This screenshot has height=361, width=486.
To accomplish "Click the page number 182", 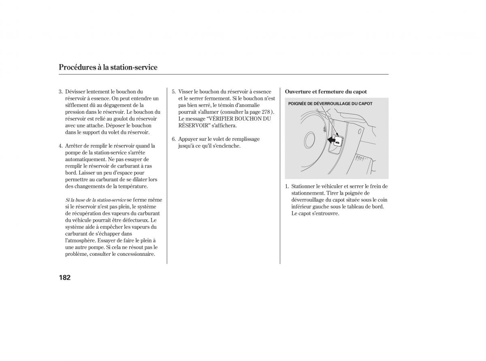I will click(65, 277).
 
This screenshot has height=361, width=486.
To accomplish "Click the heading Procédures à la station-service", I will click(108, 67).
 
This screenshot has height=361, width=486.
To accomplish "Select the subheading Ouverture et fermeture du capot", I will click(326, 92).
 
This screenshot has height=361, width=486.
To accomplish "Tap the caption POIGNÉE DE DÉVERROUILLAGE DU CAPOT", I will click(330, 104).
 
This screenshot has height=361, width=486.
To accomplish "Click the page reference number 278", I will click(266, 112).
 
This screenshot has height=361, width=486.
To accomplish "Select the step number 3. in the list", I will click(60, 92).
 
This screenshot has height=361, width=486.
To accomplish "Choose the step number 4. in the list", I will click(60, 146).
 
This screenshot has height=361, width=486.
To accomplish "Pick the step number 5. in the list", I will click(173, 92).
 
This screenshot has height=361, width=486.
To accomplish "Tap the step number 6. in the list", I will click(173, 139).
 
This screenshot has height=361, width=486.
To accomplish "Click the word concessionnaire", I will click(135, 254).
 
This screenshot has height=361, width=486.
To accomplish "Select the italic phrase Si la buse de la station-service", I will click(96, 200).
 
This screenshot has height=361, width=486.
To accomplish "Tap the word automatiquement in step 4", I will click(84, 159).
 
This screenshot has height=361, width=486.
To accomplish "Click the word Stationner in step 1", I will click(304, 186).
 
